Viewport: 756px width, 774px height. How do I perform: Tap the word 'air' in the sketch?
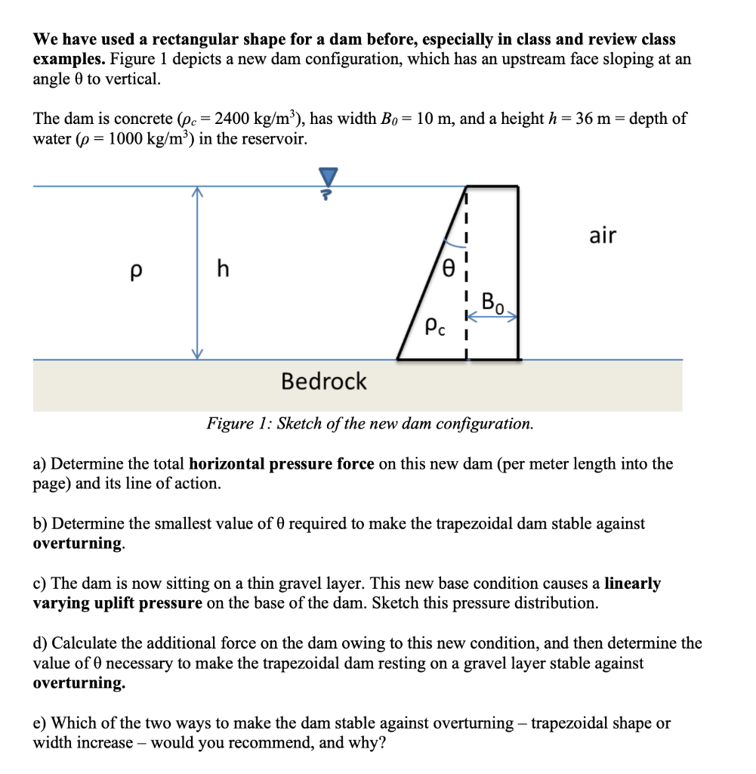pos(602,236)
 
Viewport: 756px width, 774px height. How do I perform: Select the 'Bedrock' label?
pos(323,381)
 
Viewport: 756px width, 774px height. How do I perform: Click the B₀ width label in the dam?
pos(493,305)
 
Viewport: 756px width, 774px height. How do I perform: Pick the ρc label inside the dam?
pos(436,327)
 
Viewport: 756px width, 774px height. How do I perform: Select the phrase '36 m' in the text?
pos(591,119)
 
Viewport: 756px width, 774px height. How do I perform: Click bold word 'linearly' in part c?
pos(632,584)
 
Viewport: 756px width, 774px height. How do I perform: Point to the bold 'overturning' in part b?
pos(77,543)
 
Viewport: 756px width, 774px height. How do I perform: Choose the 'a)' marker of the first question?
pos(40,464)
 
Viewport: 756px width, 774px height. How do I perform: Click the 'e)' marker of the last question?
pos(40,723)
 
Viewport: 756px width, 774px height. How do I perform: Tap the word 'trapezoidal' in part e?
pos(572,723)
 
